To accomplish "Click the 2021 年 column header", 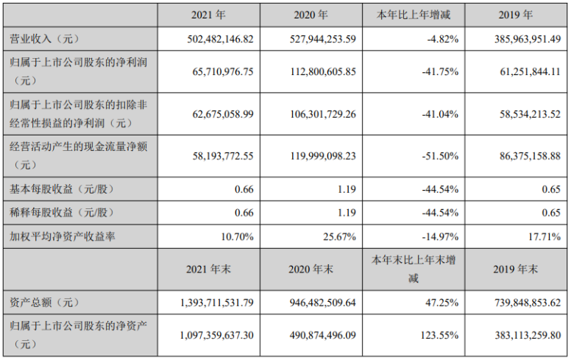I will [x=209, y=14].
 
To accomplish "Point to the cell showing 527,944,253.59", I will [x=316, y=38].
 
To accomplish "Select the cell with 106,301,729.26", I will [x=316, y=113].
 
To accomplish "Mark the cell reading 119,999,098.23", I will [x=316, y=155].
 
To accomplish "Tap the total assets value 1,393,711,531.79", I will [x=208, y=303].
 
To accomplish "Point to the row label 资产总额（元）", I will [x=37, y=303].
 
